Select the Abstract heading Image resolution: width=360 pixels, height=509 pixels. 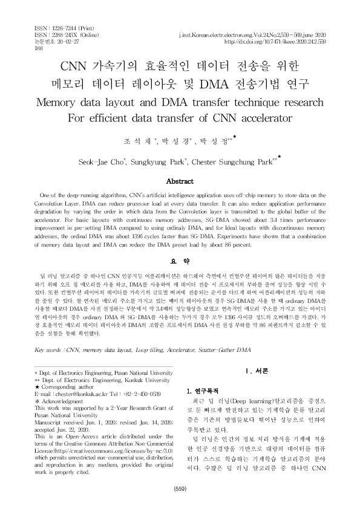[x=180, y=181]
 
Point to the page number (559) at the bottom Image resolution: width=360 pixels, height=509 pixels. [x=180, y=488]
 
